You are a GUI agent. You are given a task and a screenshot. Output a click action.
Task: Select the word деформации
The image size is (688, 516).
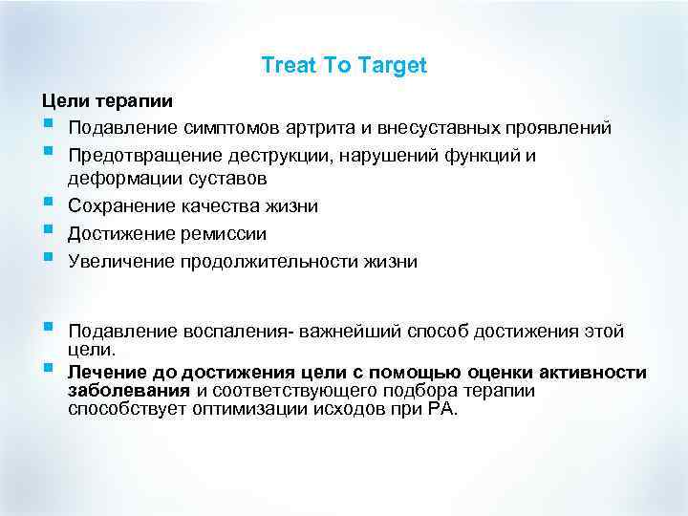[121, 179]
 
